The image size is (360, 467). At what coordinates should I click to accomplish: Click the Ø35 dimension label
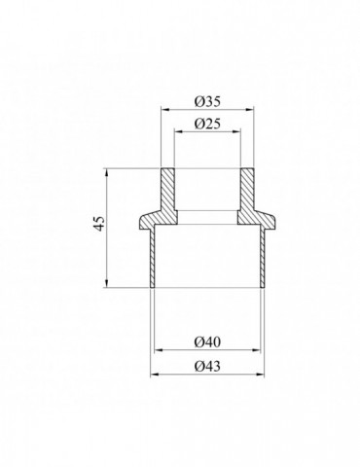pos(207,101)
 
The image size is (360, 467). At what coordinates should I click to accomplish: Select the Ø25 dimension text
pos(207,124)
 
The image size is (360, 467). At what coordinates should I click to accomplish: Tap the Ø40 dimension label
pos(207,341)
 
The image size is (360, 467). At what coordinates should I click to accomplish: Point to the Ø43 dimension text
pos(207,366)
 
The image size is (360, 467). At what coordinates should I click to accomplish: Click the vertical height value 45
pos(100,223)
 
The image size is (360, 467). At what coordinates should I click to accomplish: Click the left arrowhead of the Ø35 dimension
pos(165,110)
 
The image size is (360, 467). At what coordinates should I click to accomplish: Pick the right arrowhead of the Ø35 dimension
pos(250,110)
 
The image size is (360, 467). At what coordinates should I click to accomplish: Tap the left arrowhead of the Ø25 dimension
pos(178,131)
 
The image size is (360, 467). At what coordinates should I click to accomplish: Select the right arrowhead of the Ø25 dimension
pos(236,131)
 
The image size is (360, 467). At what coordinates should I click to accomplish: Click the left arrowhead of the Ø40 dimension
pos(158,350)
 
